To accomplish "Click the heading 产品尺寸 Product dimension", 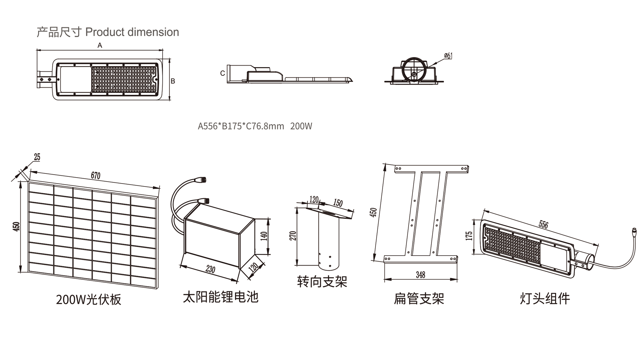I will pos(107,32).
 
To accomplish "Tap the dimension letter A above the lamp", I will pos(100,46).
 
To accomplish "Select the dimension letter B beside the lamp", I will pos(173,81).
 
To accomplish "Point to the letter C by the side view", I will pos(222,73).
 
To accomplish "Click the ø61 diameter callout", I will pos(448,56).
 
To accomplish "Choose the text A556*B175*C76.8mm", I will pos(241,126).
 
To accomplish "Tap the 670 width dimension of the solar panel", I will pos(96,176).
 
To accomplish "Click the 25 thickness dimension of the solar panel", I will pos(37,157).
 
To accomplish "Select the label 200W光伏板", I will pos(88,300).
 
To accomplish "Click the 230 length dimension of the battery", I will pos(211,269).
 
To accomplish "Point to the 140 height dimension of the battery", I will pos(264,236).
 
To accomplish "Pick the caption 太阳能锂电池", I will pos(221,297).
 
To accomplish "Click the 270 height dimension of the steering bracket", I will pos(293,236).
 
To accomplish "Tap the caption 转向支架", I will pos(322,282).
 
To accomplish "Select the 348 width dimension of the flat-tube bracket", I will pos(420,275).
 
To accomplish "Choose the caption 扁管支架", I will pos(419,298).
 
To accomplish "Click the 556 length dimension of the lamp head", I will pos(543,225).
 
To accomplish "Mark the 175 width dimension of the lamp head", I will pos(469,236).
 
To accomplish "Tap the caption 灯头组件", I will pos(545,298).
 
